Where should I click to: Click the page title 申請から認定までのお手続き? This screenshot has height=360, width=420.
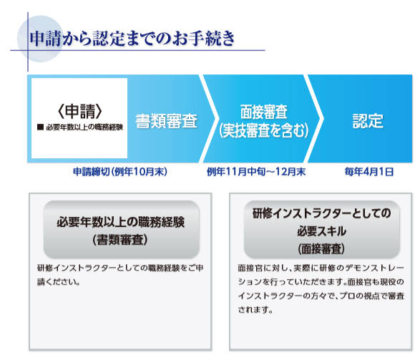(x=132, y=39)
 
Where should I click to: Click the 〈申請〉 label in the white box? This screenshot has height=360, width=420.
(x=79, y=111)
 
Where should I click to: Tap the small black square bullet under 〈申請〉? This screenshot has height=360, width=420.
(x=40, y=127)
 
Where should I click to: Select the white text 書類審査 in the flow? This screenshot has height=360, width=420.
(x=166, y=121)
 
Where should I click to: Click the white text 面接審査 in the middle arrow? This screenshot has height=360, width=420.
(x=264, y=112)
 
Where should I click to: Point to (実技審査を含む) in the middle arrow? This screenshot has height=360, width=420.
(x=264, y=130)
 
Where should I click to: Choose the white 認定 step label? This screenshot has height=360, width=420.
(x=368, y=121)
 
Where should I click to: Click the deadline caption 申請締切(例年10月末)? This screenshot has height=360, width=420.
(x=120, y=172)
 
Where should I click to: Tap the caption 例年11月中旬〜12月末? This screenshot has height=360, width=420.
(x=256, y=172)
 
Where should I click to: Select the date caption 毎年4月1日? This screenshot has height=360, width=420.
(x=369, y=172)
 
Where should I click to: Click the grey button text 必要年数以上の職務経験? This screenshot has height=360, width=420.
(x=120, y=222)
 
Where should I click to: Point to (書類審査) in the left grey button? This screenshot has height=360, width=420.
(x=120, y=240)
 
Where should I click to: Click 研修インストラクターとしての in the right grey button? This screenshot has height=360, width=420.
(x=321, y=213)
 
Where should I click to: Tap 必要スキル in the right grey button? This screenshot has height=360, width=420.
(x=321, y=231)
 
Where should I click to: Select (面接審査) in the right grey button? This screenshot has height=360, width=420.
(x=321, y=248)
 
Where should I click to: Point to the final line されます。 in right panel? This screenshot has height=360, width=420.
(x=255, y=310)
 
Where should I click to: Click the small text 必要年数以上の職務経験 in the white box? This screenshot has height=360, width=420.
(x=84, y=127)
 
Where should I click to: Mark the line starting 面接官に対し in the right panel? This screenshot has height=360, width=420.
(x=321, y=268)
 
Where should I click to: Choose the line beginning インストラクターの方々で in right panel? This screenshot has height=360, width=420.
(x=321, y=296)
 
